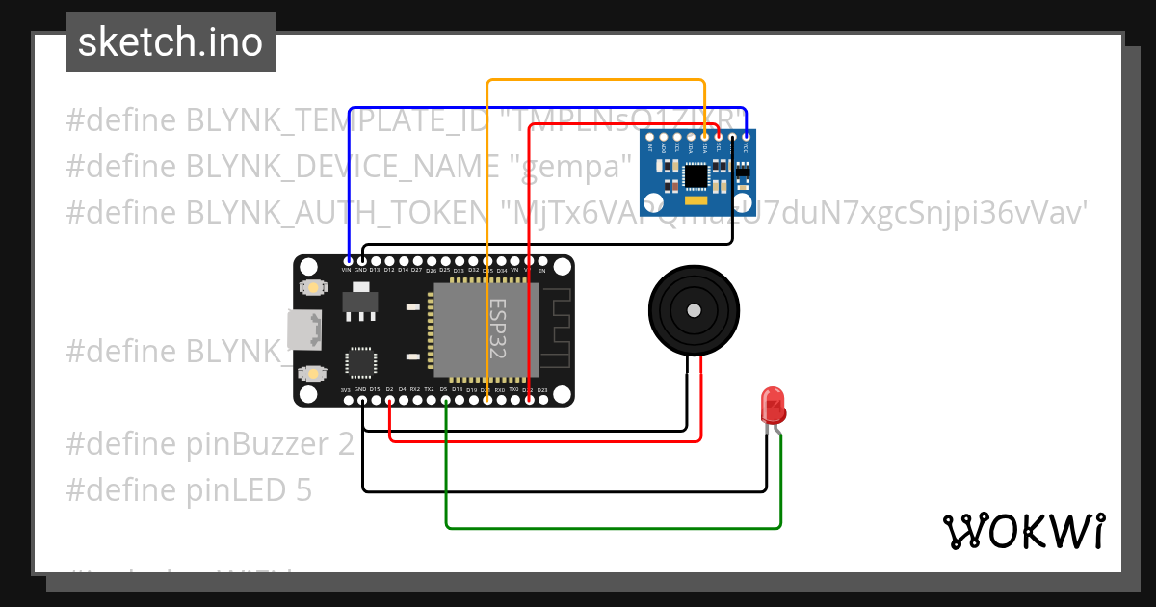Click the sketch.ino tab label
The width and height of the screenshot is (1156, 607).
[171, 42]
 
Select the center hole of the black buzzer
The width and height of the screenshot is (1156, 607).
[693, 310]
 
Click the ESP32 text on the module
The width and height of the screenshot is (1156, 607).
[498, 328]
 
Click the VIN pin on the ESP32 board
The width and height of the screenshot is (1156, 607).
[348, 261]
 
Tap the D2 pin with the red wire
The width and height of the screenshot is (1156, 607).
[389, 399]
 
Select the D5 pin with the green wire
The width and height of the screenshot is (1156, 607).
[445, 399]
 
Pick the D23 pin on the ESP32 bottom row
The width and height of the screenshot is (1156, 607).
[542, 399]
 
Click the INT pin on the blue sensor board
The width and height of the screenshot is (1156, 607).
[650, 138]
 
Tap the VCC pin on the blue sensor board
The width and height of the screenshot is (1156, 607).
[746, 138]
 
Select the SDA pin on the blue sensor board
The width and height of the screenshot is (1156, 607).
[705, 138]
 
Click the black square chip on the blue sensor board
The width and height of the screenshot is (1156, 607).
[696, 175]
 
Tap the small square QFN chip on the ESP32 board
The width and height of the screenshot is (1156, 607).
[361, 362]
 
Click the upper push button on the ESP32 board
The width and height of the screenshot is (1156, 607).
[312, 287]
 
